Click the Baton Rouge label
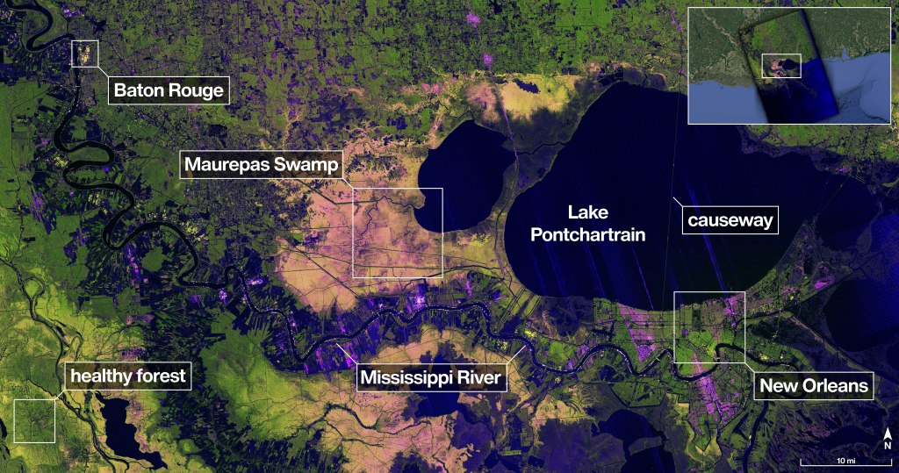click(169, 90)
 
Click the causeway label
click(730, 220)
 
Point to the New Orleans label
click(814, 385)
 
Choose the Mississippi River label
click(429, 378)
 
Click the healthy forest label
click(128, 376)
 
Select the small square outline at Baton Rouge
click(85, 53)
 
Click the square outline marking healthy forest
click(34, 420)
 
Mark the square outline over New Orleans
click(709, 327)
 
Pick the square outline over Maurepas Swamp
click(398, 233)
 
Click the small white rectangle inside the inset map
click(781, 66)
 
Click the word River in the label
click(479, 378)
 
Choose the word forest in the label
click(160, 376)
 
